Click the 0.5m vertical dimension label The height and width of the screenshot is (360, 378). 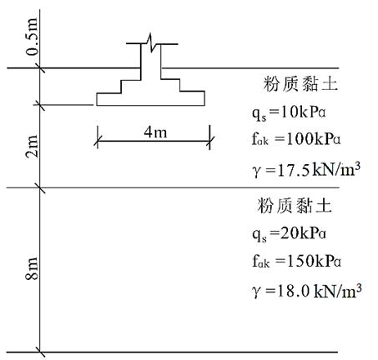(x=33, y=37)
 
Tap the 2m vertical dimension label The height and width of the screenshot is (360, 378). (x=32, y=147)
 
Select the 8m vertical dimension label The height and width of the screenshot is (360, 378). (x=32, y=269)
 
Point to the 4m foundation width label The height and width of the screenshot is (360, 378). (x=155, y=132)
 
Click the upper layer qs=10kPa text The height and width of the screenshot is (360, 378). (x=289, y=113)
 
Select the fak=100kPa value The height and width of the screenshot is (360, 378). (x=296, y=139)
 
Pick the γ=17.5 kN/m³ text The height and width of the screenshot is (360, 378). (x=306, y=170)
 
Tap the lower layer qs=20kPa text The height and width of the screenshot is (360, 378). (x=289, y=234)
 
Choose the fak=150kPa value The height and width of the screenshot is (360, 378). (x=296, y=261)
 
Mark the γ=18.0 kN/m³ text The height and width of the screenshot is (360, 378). (x=307, y=291)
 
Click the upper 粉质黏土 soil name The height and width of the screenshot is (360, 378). (x=300, y=84)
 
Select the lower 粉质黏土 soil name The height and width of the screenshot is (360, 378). (x=295, y=206)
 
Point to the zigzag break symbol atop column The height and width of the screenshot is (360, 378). (x=150, y=42)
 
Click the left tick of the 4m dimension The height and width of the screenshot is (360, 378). (x=98, y=141)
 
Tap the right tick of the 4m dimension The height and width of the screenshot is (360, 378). (x=210, y=141)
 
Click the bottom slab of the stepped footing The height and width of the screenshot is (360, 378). (x=151, y=99)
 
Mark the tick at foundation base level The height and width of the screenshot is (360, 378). (x=40, y=105)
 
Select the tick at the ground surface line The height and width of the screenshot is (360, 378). (x=40, y=67)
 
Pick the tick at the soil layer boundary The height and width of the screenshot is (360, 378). (x=40, y=187)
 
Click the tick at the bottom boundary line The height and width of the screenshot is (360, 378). (x=40, y=352)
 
